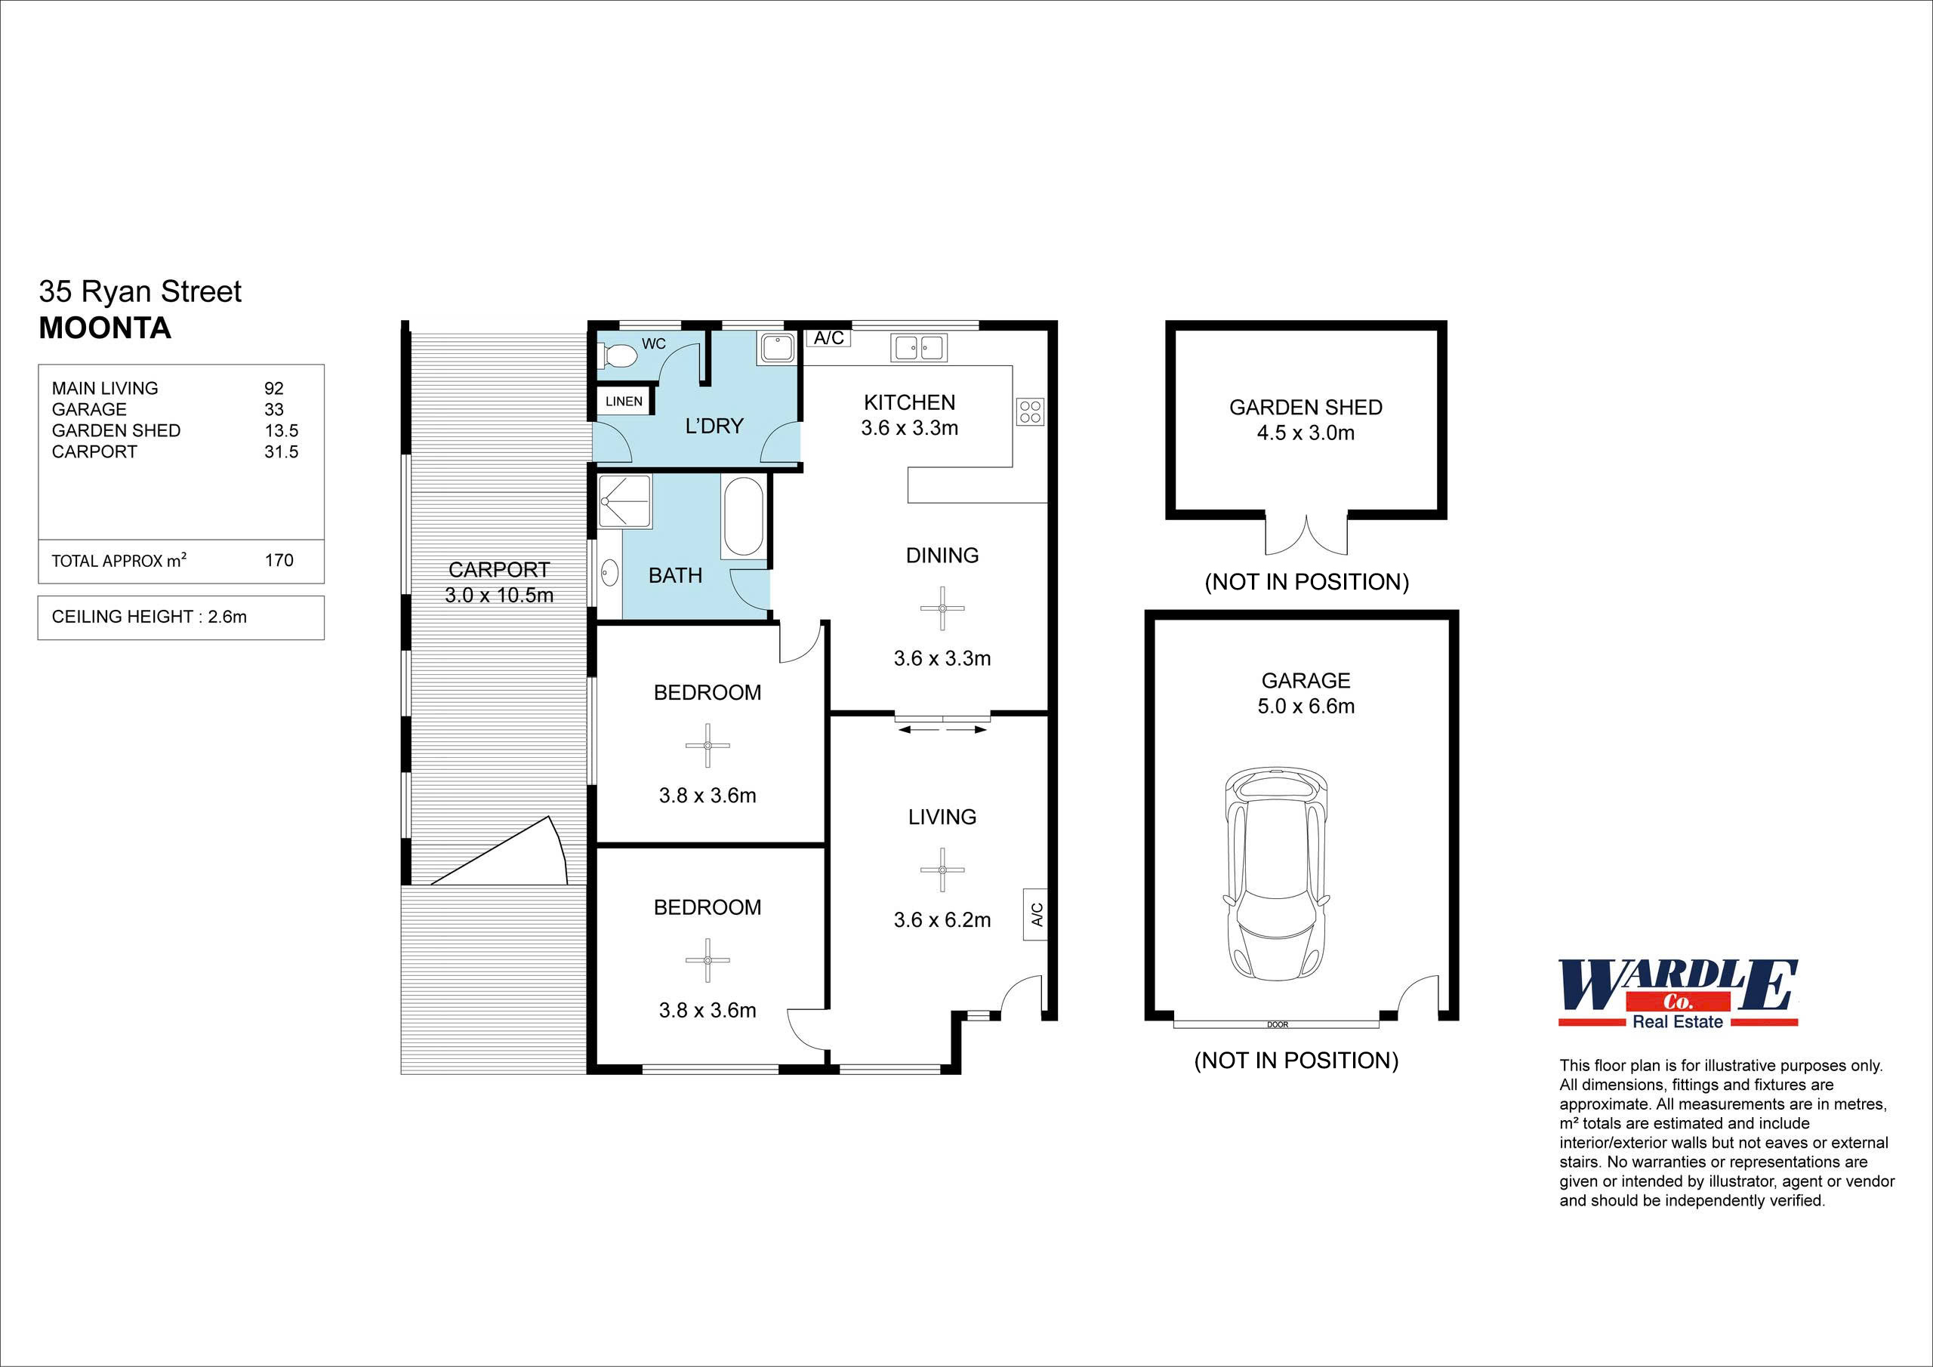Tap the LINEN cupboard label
[624, 402]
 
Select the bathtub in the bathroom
[742, 516]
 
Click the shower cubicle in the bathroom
[624, 502]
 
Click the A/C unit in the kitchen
[828, 338]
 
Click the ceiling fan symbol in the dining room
[942, 608]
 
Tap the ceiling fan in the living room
[942, 870]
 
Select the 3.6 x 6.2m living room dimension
[942, 920]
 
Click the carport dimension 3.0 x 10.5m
[499, 595]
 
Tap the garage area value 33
[273, 410]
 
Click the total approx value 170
[279, 561]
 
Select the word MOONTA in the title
[105, 328]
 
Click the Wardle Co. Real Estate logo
[1678, 994]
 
